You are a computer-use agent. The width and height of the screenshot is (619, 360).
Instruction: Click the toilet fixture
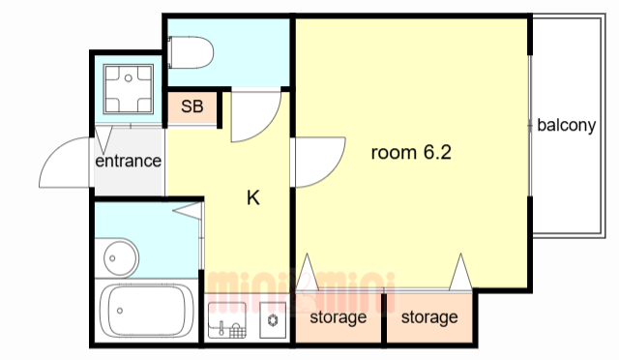pyautogui.click(x=191, y=52)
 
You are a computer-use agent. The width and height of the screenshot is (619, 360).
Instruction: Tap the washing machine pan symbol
pyautogui.click(x=129, y=89)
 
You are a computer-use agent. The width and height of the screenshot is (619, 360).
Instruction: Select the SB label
pyautogui.click(x=192, y=106)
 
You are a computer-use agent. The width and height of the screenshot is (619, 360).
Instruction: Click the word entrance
pyautogui.click(x=129, y=161)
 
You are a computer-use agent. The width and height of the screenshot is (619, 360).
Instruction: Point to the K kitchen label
pyautogui.click(x=253, y=197)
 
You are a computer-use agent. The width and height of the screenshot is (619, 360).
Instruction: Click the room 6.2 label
pyautogui.click(x=411, y=152)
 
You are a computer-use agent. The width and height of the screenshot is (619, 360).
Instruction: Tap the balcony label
pyautogui.click(x=567, y=125)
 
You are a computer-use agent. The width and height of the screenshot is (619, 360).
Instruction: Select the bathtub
pyautogui.click(x=146, y=311)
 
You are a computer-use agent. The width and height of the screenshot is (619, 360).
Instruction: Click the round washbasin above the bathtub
pyautogui.click(x=121, y=258)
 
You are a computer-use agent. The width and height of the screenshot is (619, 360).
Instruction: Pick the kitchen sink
pyautogui.click(x=227, y=320)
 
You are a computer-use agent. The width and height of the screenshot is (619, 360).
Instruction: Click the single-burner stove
pyautogui.click(x=273, y=320)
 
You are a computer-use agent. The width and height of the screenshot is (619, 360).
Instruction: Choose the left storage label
pyautogui.click(x=339, y=316)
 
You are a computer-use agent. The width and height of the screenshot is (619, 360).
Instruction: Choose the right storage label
pyautogui.click(x=429, y=316)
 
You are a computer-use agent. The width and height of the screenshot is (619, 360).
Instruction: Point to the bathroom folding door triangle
pyautogui.click(x=188, y=211)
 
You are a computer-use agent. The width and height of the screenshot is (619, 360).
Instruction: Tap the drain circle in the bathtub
pyautogui.click(x=120, y=311)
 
